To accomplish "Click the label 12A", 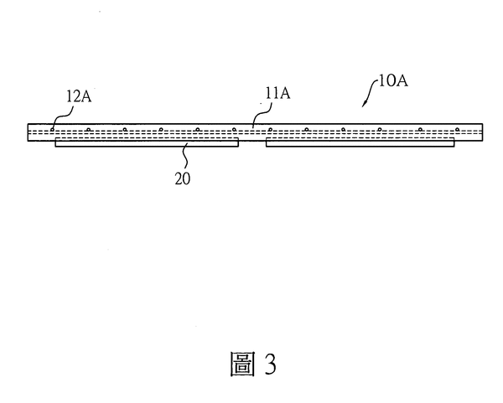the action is pyautogui.click(x=79, y=96).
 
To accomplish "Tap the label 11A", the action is pyautogui.click(x=277, y=93).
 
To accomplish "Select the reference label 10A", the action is pyautogui.click(x=393, y=80).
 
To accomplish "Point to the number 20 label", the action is pyautogui.click(x=183, y=178).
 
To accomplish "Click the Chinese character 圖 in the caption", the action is pyautogui.click(x=243, y=364).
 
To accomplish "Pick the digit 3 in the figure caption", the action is pyautogui.click(x=271, y=364).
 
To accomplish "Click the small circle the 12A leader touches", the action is pyautogui.click(x=52, y=130).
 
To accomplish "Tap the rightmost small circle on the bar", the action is pyautogui.click(x=458, y=130).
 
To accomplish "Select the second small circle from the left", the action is pyautogui.click(x=88, y=130).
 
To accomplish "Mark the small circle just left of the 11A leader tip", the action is pyautogui.click(x=234, y=130).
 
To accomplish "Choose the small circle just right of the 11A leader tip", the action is pyautogui.click(x=271, y=130).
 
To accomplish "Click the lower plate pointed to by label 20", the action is pyautogui.click(x=147, y=142).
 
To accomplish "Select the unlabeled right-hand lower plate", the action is pyautogui.click(x=360, y=142).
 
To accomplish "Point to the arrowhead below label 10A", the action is pyautogui.click(x=364, y=104).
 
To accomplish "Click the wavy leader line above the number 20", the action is pyautogui.click(x=186, y=156).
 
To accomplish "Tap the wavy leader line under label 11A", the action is pyautogui.click(x=262, y=115).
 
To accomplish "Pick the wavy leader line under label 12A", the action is pyautogui.click(x=62, y=117).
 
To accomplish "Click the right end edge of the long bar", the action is pyautogui.click(x=483, y=132).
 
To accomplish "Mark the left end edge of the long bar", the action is pyautogui.click(x=28, y=132).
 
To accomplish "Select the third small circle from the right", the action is pyautogui.click(x=380, y=130).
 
